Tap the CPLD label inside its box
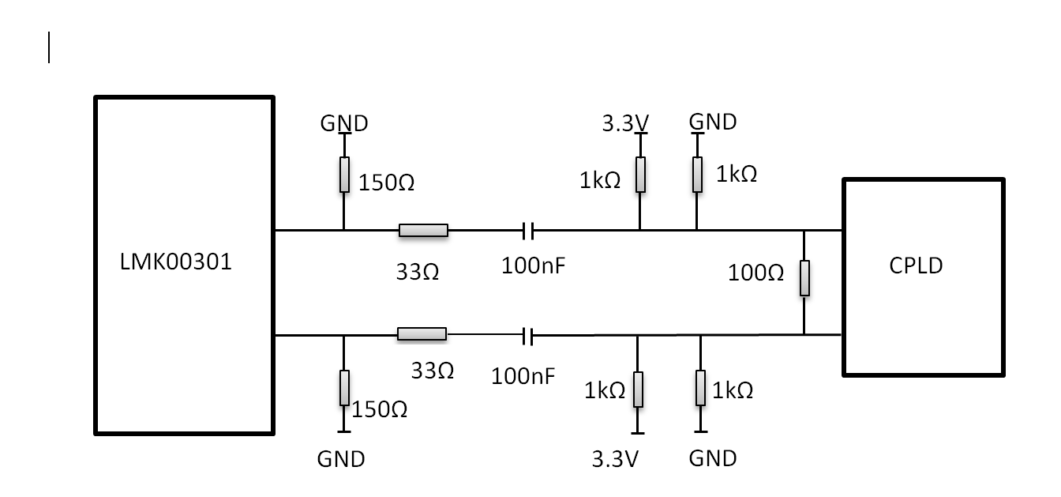click(916, 265)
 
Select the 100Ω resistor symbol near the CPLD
click(804, 278)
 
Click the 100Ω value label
click(755, 273)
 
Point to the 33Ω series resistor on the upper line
click(423, 231)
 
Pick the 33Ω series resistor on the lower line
click(422, 334)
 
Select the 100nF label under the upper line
click(534, 266)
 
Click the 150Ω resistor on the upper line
click(344, 175)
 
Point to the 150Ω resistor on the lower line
click(344, 388)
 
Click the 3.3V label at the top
click(625, 123)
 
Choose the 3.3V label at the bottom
click(615, 459)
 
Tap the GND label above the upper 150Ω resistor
click(343, 123)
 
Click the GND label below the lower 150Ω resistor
click(341, 459)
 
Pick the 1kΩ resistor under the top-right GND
click(697, 175)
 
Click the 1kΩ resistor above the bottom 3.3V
click(638, 390)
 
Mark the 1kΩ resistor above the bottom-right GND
click(700, 390)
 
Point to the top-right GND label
click(713, 122)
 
